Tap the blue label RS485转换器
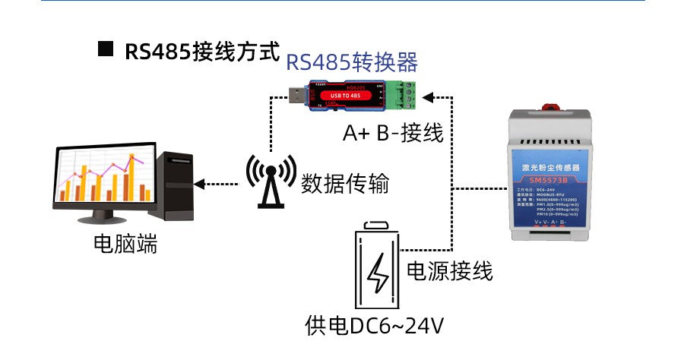352,62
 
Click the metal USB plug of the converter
297,95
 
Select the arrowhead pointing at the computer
200,183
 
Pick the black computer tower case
176,187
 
